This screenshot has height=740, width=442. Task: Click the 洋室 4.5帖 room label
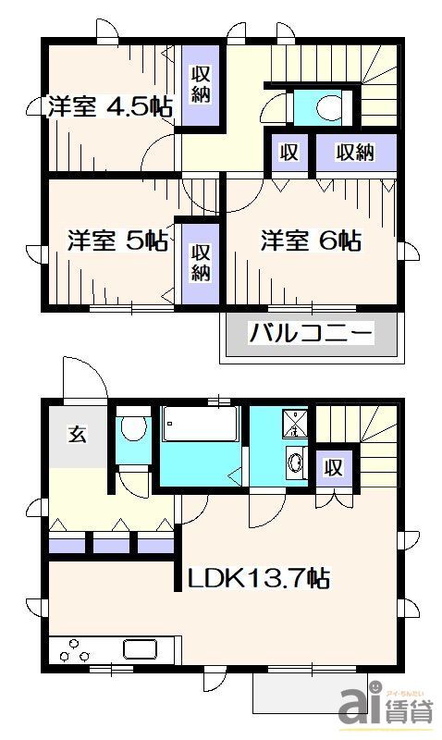point(109,105)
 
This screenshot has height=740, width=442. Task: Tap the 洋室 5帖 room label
point(117,241)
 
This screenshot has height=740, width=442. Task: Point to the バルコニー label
point(310,332)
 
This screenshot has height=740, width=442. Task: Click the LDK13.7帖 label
point(259,579)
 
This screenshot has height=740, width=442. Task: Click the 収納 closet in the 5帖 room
point(201,261)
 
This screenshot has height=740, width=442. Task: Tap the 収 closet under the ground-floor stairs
point(333,468)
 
